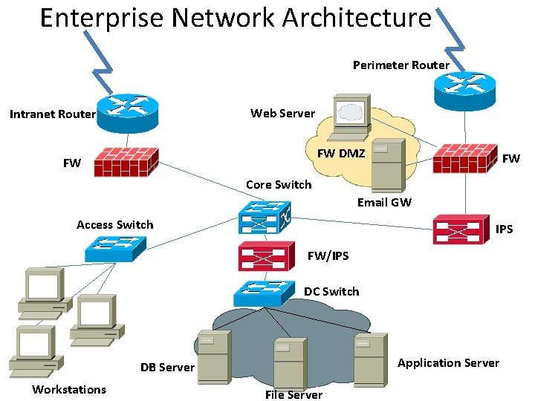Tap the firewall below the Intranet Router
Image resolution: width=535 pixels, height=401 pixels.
tap(126, 160)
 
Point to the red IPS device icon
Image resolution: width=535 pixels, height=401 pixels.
tap(464, 229)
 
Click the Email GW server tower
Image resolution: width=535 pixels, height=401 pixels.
tap(388, 167)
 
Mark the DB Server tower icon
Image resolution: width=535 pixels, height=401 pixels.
tap(213, 357)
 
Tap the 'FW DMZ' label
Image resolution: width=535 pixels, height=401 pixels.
tap(341, 154)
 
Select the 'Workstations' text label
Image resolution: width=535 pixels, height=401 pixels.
tap(69, 390)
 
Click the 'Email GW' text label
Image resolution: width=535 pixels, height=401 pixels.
tap(384, 203)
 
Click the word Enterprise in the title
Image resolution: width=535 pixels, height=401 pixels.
tap(105, 18)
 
